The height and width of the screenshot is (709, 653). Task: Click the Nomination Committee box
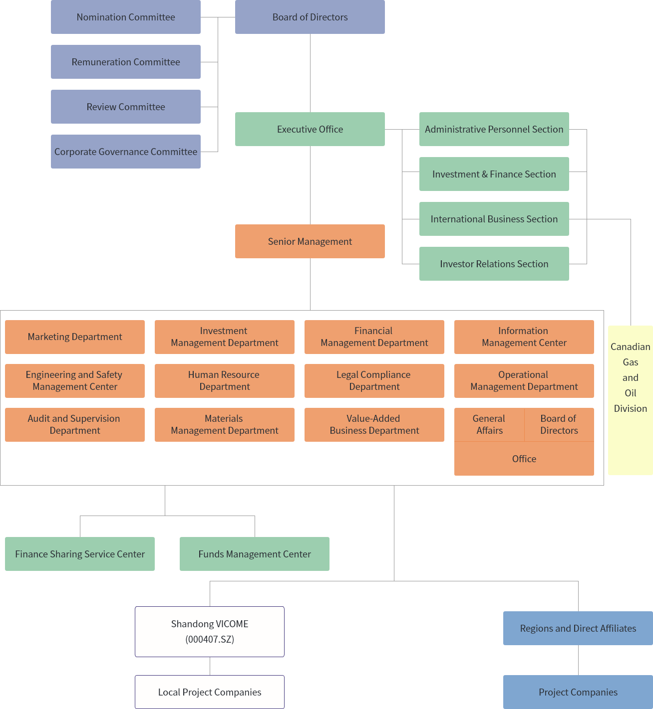point(126,17)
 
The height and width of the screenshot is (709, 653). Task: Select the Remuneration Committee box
point(126,62)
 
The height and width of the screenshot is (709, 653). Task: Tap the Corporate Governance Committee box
point(126,152)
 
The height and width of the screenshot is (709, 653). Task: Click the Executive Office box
point(310,129)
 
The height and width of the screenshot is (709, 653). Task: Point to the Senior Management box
point(310,241)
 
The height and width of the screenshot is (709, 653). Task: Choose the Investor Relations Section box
point(494,264)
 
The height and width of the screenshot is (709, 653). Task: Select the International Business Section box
point(494,219)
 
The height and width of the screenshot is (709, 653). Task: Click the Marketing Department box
point(75,337)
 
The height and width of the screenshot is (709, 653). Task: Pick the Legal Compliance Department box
point(374,381)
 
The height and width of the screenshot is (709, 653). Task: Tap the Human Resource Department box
point(225,381)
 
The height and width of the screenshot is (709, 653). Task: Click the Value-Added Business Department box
point(374,425)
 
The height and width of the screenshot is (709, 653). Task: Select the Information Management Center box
point(524,337)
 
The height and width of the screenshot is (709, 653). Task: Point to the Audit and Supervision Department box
point(75,425)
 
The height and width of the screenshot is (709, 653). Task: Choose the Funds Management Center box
point(255,554)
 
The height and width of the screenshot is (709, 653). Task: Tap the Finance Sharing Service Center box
point(80,554)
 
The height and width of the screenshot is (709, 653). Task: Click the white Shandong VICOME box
point(210,632)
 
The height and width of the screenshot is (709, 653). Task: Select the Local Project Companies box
point(210,692)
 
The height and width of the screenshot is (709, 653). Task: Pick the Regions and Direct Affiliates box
point(578,628)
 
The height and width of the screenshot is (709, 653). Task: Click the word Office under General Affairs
point(524,459)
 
